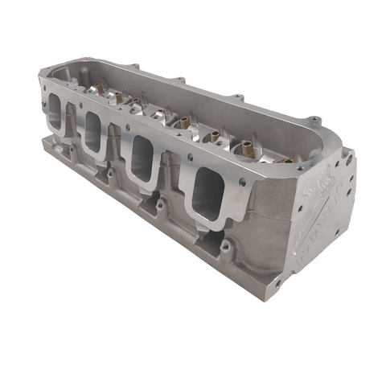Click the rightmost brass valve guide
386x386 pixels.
(245, 147)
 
